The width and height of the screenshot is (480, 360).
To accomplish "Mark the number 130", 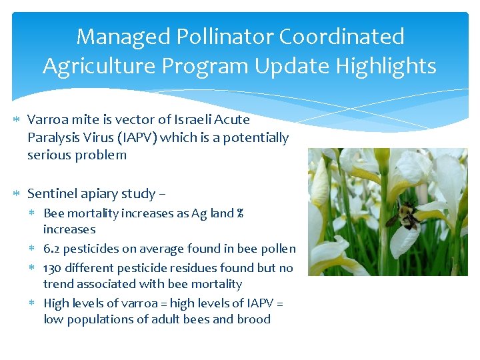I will point(53,267).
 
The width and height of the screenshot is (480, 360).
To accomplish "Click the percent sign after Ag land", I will point(239,214).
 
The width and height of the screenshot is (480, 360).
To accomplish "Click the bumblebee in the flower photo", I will point(405,215).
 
